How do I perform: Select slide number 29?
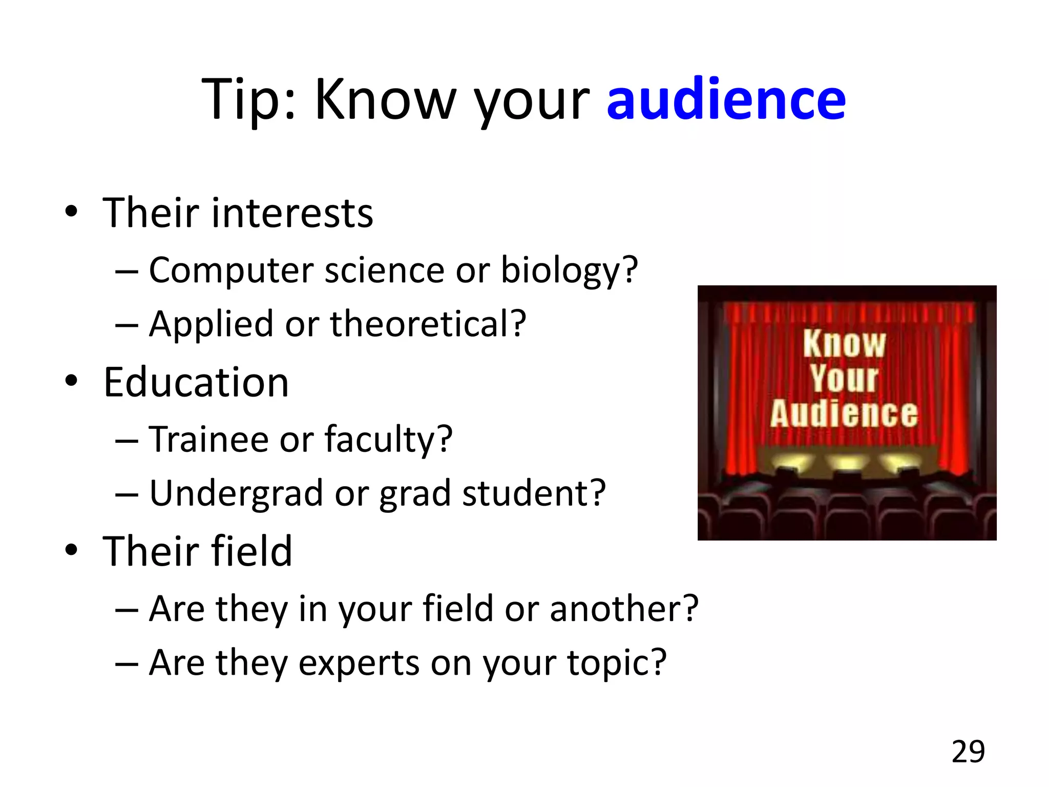(968, 752)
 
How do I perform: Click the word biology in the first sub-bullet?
(569, 271)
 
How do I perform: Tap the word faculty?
(388, 440)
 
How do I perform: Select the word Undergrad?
(236, 493)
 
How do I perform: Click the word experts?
(359, 663)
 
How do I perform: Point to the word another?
(624, 609)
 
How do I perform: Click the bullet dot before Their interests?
(71, 212)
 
